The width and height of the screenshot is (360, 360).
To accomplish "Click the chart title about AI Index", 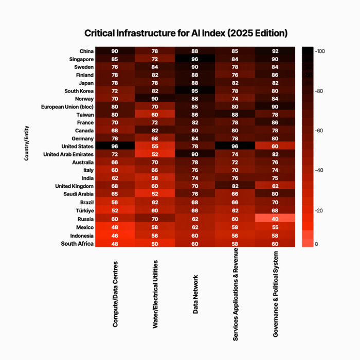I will (x=186, y=33).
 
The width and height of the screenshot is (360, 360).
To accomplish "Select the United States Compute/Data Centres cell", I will (x=115, y=147).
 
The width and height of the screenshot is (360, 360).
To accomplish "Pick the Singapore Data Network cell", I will (x=195, y=59).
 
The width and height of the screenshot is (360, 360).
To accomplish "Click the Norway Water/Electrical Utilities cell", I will (x=155, y=99).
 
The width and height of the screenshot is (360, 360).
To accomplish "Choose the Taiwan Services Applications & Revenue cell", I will (x=235, y=115).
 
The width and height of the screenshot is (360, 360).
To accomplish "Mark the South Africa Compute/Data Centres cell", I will (x=115, y=243).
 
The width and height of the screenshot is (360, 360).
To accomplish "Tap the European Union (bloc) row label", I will (x=67, y=107).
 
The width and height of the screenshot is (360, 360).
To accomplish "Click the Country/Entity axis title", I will (x=26, y=147).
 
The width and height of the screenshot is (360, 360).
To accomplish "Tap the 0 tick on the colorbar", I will (x=316, y=244).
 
